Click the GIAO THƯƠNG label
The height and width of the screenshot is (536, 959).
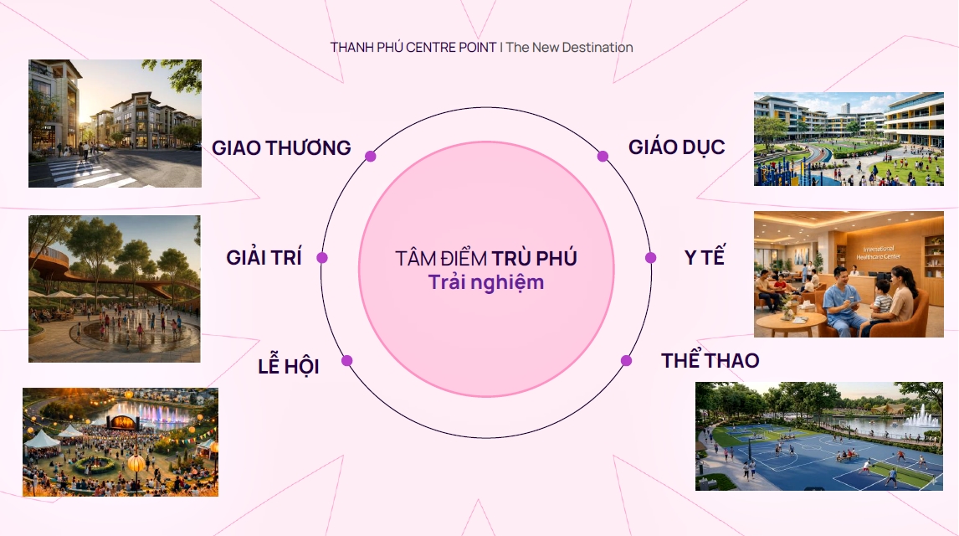(x=281, y=148)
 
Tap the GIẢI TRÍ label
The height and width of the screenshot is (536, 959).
(x=264, y=257)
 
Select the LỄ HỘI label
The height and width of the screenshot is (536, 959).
(x=289, y=365)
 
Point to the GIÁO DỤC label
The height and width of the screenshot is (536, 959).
(x=676, y=147)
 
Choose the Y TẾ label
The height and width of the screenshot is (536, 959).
(x=705, y=256)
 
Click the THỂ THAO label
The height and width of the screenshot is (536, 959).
(x=710, y=360)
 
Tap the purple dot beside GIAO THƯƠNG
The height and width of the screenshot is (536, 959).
(x=370, y=156)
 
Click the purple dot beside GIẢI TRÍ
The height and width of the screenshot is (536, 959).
(x=321, y=258)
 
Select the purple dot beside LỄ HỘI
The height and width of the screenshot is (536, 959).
(x=346, y=360)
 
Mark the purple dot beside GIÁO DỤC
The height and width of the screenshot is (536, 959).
(x=603, y=156)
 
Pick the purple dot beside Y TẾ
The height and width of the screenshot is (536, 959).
(x=650, y=258)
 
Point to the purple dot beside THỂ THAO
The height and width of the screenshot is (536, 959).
(x=626, y=360)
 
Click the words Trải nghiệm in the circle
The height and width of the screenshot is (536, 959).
(x=485, y=283)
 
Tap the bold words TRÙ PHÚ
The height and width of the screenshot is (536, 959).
(x=534, y=258)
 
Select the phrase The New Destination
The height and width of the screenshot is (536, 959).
(x=569, y=47)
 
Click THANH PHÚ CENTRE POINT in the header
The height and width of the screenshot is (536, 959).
(x=413, y=47)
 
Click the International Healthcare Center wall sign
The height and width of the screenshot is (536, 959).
(x=879, y=253)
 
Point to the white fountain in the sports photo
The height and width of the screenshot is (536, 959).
(x=921, y=416)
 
